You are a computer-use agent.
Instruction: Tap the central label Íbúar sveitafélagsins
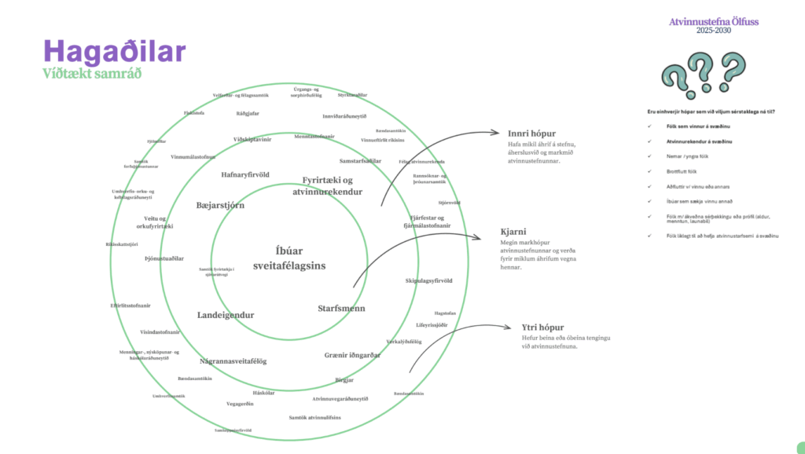point(289,258)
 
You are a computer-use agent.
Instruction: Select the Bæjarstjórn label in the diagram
point(220,205)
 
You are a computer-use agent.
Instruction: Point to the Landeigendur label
point(225,315)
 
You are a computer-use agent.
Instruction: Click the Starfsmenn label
point(341,308)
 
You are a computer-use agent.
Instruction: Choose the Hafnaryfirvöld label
point(245,174)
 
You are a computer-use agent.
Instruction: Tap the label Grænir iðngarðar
point(352,355)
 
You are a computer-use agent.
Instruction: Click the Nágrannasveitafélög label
point(233,361)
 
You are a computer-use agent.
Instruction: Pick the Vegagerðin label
point(240,404)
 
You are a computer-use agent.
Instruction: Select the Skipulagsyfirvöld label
point(428,280)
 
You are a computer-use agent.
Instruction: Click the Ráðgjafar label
point(248,113)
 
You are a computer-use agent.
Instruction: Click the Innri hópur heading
point(527,132)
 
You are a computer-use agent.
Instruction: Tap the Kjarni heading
point(513,232)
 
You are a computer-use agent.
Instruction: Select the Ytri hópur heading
point(542,327)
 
